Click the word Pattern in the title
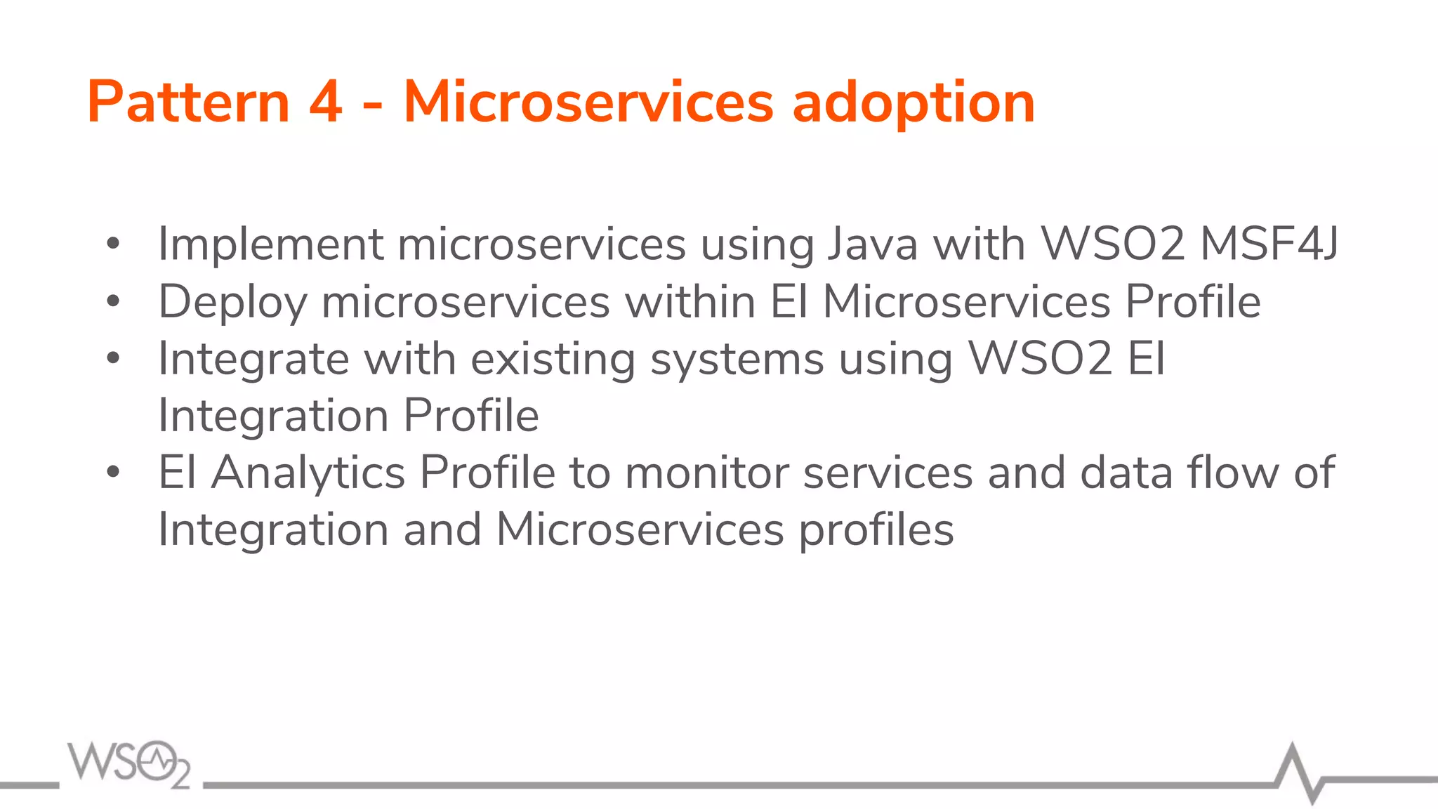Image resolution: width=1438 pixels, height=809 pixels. [188, 103]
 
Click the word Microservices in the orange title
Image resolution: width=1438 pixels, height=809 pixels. [588, 103]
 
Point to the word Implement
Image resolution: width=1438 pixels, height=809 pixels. [270, 245]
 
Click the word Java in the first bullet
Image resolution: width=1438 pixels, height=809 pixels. [872, 245]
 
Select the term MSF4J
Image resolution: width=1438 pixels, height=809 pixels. [1269, 245]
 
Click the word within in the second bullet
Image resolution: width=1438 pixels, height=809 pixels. [690, 302]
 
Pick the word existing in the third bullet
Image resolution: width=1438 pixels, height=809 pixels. [553, 360]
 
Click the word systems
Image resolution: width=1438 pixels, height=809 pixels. [737, 360]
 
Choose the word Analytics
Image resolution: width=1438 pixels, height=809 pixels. [308, 473]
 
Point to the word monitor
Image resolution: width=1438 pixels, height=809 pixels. [706, 473]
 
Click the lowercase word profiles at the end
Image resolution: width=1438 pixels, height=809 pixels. [876, 530]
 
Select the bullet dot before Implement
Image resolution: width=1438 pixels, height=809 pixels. [113, 244]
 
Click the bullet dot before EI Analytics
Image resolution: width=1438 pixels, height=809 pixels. [113, 473]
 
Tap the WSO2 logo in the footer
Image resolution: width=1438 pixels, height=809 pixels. [129, 763]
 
